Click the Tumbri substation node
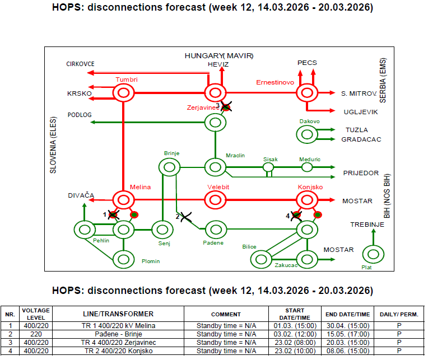coord(123,93)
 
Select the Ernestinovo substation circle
coord(307,93)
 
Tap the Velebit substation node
coord(215,200)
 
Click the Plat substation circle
coord(373,254)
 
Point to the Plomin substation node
coord(123,259)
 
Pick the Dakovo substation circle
coord(307,134)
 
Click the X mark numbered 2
coord(186,217)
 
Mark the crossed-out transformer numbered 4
coord(296,216)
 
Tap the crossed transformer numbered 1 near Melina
coord(113,215)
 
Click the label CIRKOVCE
coord(80,64)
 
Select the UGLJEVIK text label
coord(361,112)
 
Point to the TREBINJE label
coord(367,225)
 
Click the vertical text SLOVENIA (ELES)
coord(53,145)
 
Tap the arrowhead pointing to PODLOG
coord(92,122)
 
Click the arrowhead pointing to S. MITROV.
coord(332,93)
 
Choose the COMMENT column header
coord(226,314)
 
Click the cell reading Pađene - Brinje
coord(118,334)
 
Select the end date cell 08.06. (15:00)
coord(348,350)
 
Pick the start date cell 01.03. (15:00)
coord(295,326)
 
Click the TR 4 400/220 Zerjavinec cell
coord(118,342)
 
